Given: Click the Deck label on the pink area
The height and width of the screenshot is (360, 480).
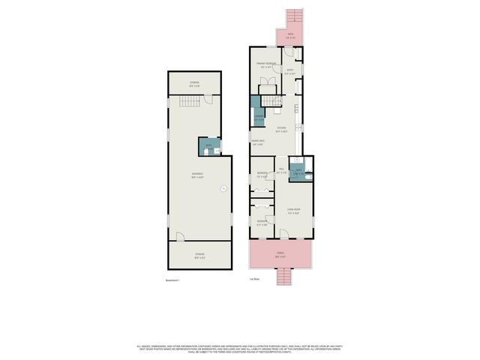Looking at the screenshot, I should tap(290, 34).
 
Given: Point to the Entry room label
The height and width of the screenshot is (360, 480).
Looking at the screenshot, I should tap(289, 72).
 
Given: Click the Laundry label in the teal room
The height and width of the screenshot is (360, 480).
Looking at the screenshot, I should tap(257, 118).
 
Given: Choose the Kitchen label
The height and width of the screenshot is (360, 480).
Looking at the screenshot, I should tap(281, 130).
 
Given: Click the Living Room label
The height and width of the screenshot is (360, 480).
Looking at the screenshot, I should tap(293, 211).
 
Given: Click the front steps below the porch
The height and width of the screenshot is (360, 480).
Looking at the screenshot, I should tap(283, 278).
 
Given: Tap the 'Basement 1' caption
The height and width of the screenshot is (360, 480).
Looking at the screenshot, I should tap(173, 280).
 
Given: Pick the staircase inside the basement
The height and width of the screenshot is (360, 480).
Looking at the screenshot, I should tap(194, 101).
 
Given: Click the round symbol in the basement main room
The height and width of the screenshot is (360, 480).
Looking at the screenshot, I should tap(223, 189).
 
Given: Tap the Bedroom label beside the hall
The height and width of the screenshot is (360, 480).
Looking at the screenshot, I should tap(262, 176).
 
